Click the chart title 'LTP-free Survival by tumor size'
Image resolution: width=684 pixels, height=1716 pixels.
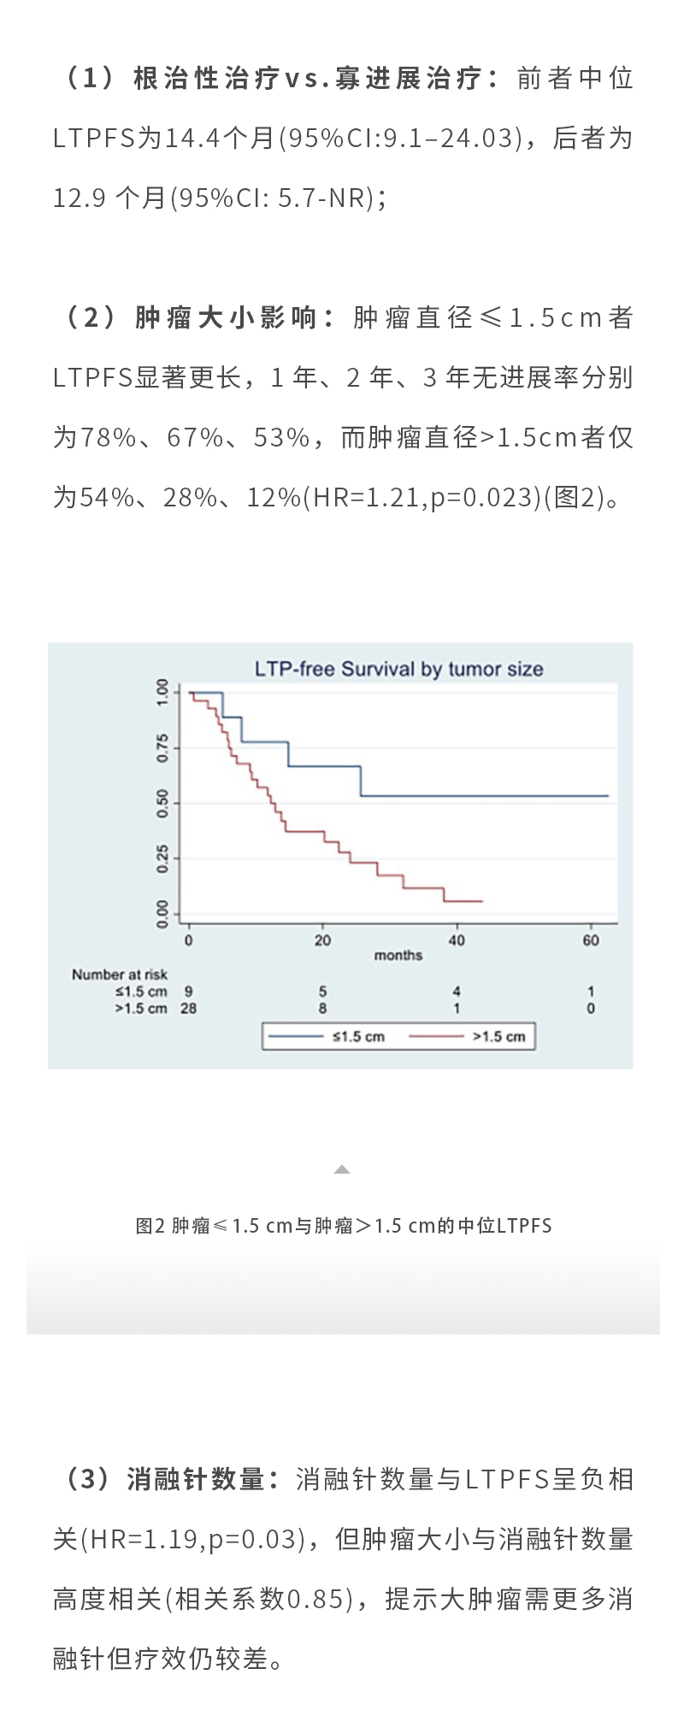click(x=398, y=669)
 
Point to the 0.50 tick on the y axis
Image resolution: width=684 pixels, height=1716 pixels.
click(x=162, y=803)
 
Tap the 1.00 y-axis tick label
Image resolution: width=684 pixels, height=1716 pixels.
click(x=162, y=691)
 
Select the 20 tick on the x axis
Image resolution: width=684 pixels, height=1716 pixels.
click(x=322, y=940)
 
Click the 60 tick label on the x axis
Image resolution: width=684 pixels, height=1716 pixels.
click(x=591, y=940)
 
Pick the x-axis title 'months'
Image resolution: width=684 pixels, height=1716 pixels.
click(x=398, y=956)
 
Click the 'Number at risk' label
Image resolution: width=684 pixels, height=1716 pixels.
click(x=119, y=974)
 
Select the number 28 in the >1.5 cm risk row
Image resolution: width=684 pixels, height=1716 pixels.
click(x=188, y=1009)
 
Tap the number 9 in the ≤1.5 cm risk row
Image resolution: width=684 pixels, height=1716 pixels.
click(x=188, y=991)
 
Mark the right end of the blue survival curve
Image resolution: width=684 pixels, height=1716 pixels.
click(x=608, y=796)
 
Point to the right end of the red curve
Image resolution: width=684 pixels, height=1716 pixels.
click(x=482, y=901)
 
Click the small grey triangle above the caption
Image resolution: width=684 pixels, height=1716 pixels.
click(x=342, y=1169)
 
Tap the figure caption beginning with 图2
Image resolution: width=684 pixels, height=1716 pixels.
click(x=343, y=1226)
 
